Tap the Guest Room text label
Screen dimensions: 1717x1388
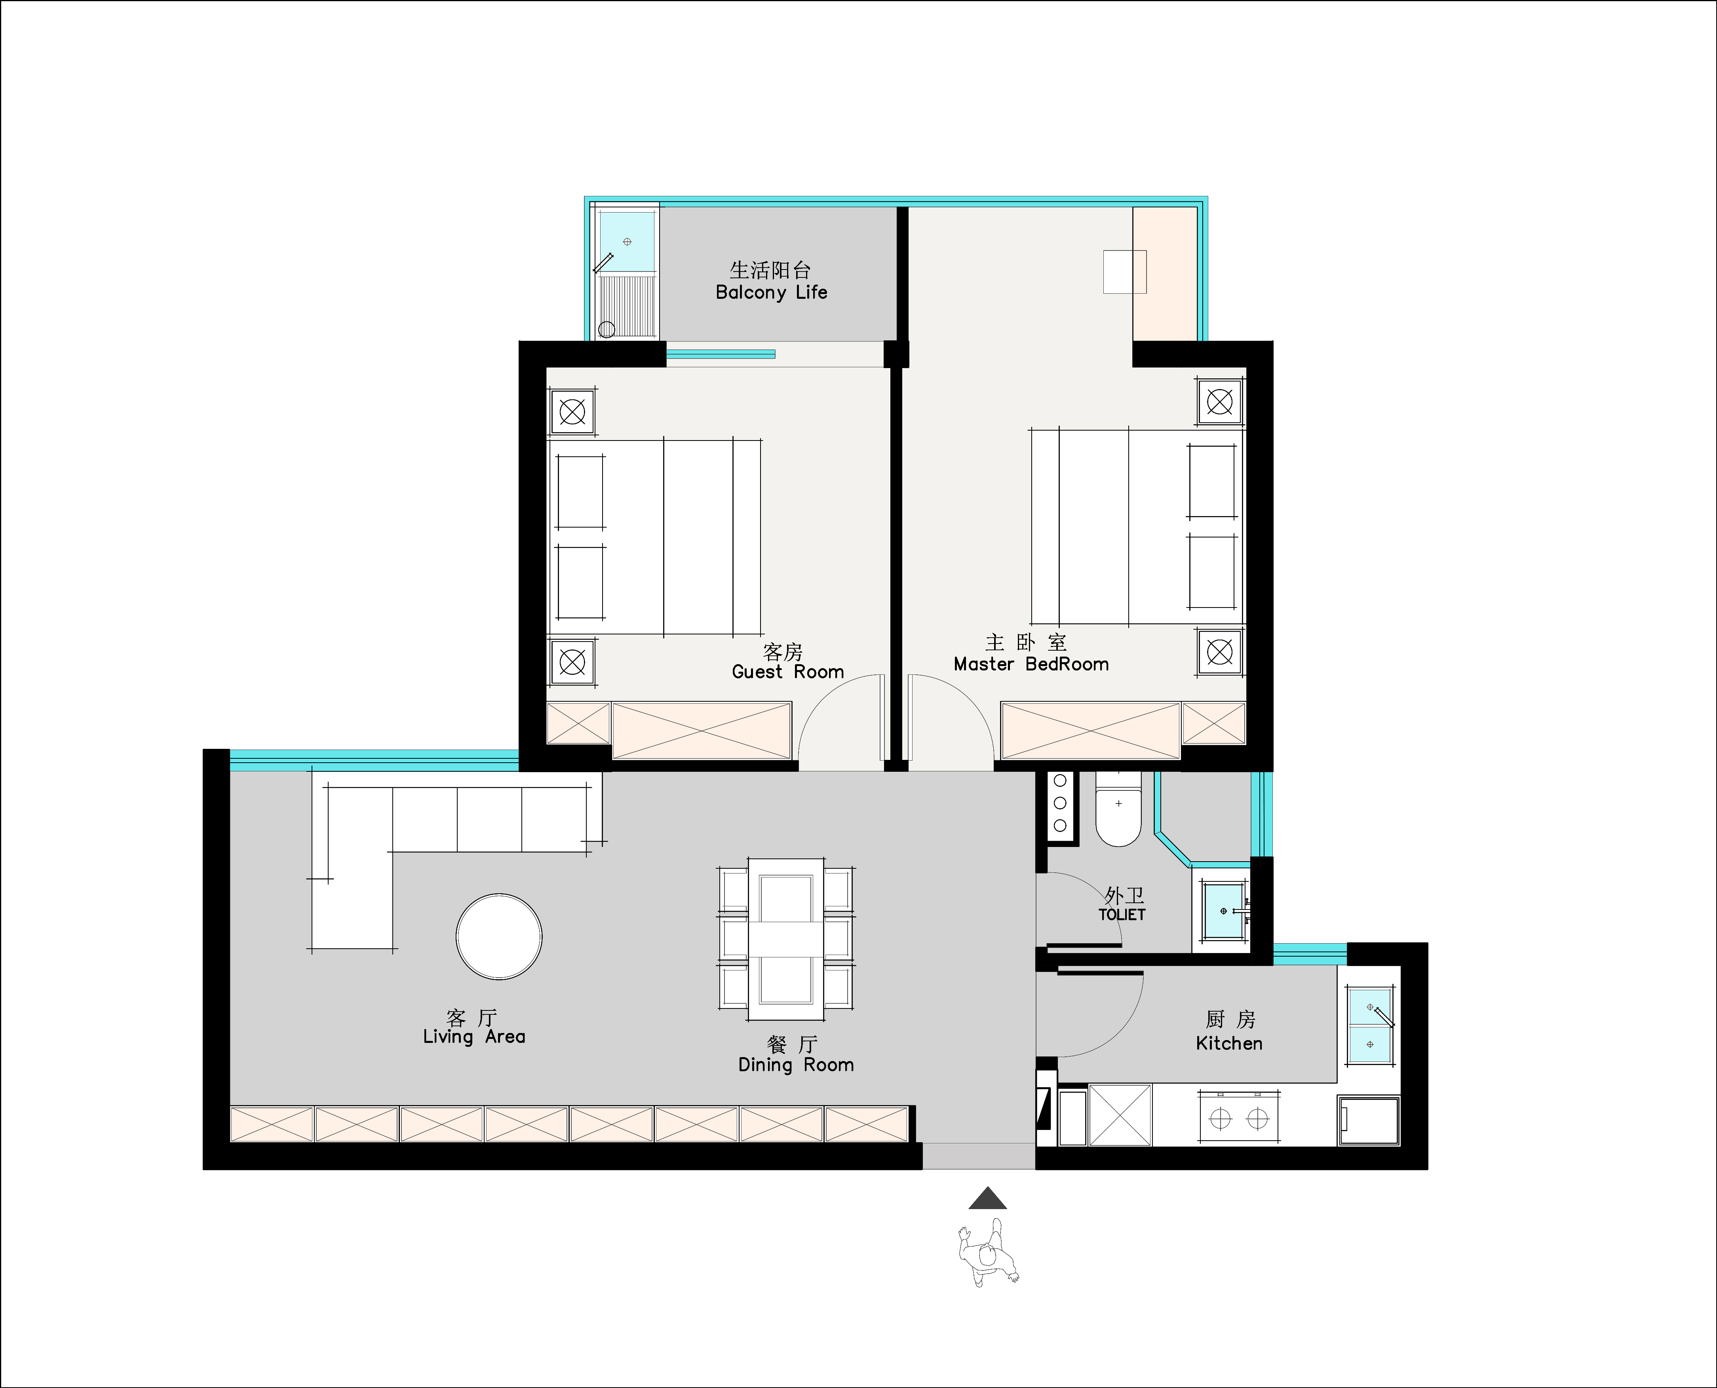tap(788, 672)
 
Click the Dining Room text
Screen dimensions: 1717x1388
tap(796, 1065)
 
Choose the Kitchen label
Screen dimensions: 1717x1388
tap(1229, 1043)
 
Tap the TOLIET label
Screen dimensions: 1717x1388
tap(1122, 915)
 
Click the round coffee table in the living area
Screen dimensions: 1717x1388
tap(499, 936)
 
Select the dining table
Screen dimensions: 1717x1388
tap(786, 940)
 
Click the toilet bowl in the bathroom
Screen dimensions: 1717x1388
tap(1118, 809)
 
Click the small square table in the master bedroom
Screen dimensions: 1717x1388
tap(1124, 272)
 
